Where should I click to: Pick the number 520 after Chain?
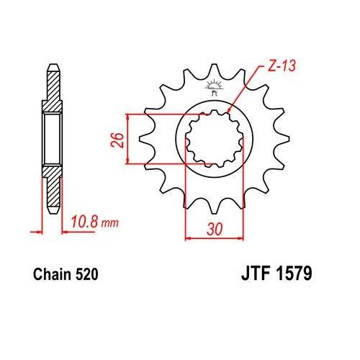pyautogui.click(x=85, y=274)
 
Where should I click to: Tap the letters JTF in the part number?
pyautogui.click(x=252, y=274)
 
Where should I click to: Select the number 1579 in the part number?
pyautogui.click(x=293, y=274)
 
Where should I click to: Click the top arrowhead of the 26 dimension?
pyautogui.click(x=127, y=117)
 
